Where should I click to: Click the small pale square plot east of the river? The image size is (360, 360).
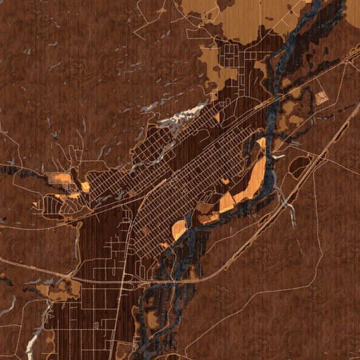pos(323,97)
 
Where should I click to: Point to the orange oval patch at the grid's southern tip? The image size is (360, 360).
pos(179,229)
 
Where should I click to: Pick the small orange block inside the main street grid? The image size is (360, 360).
pos(225,180)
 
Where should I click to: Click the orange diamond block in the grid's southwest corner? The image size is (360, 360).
pos(163,245)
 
